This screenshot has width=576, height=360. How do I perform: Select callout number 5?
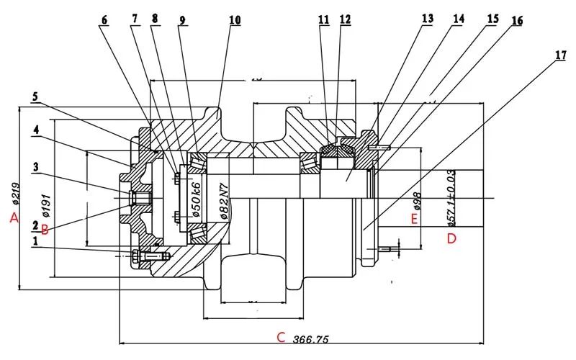35,96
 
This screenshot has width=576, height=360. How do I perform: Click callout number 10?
235,19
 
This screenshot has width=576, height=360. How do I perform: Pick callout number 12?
346,19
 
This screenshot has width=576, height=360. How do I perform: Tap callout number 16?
517,21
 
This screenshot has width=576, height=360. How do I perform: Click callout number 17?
560,54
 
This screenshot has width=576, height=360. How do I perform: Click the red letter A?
13,219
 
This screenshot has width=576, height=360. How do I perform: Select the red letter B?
45,230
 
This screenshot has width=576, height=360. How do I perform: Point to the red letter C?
282,337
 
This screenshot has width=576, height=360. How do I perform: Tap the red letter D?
451,238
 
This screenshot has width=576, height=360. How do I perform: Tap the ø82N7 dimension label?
223,201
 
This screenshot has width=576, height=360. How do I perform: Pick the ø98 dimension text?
416,201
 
